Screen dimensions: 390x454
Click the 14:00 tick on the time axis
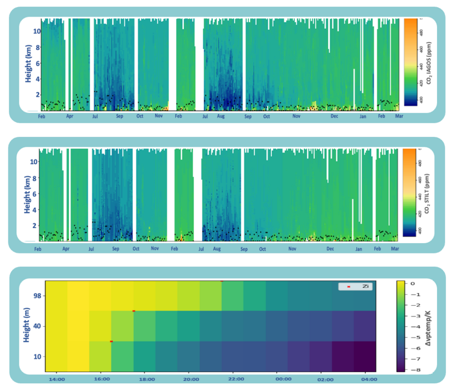56,379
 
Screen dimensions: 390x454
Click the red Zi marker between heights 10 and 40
111,341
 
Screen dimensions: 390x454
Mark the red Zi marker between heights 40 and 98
134,311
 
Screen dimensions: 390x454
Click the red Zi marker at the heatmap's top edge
222,281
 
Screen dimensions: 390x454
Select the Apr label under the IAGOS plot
70,116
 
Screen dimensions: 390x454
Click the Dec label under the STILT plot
330,248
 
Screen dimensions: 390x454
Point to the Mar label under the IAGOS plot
399,116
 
